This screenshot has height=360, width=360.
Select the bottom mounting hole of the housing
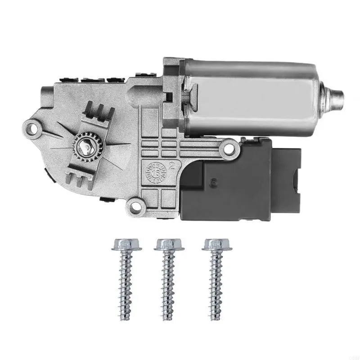point(133,206)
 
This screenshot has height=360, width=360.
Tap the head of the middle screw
point(168,244)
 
